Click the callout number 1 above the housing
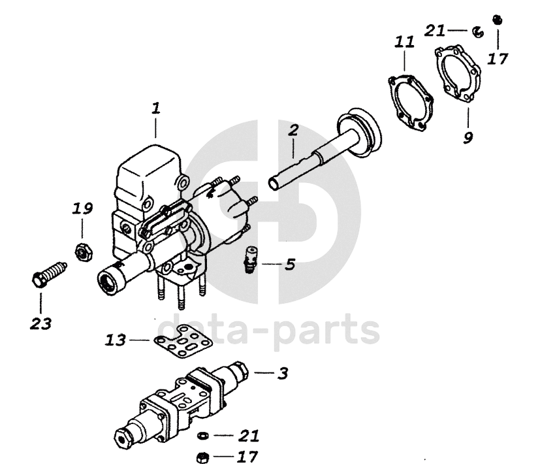pyautogui.click(x=155, y=108)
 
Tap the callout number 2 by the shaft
pyautogui.click(x=293, y=129)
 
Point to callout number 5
pyautogui.click(x=290, y=265)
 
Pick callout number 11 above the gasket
pyautogui.click(x=404, y=42)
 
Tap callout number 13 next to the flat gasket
pyautogui.click(x=115, y=340)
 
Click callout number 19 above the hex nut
pyautogui.click(x=82, y=209)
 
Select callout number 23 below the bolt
pyautogui.click(x=40, y=322)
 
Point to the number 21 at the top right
pyautogui.click(x=435, y=29)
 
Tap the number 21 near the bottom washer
pyautogui.click(x=248, y=435)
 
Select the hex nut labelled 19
pyautogui.click(x=82, y=249)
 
